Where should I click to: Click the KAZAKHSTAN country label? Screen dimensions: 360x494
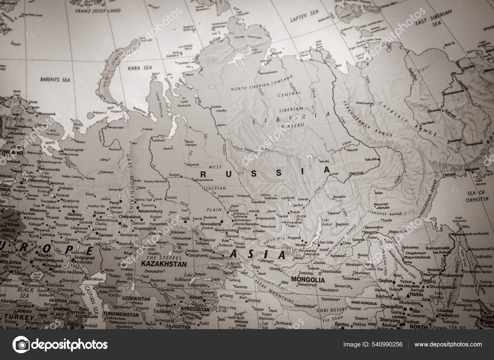click(x=163, y=264)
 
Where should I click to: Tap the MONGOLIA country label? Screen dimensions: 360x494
click(x=308, y=280)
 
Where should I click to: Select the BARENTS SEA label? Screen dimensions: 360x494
click(x=55, y=80)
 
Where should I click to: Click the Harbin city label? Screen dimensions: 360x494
click(x=417, y=294)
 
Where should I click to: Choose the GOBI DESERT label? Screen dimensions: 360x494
click(x=328, y=308)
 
